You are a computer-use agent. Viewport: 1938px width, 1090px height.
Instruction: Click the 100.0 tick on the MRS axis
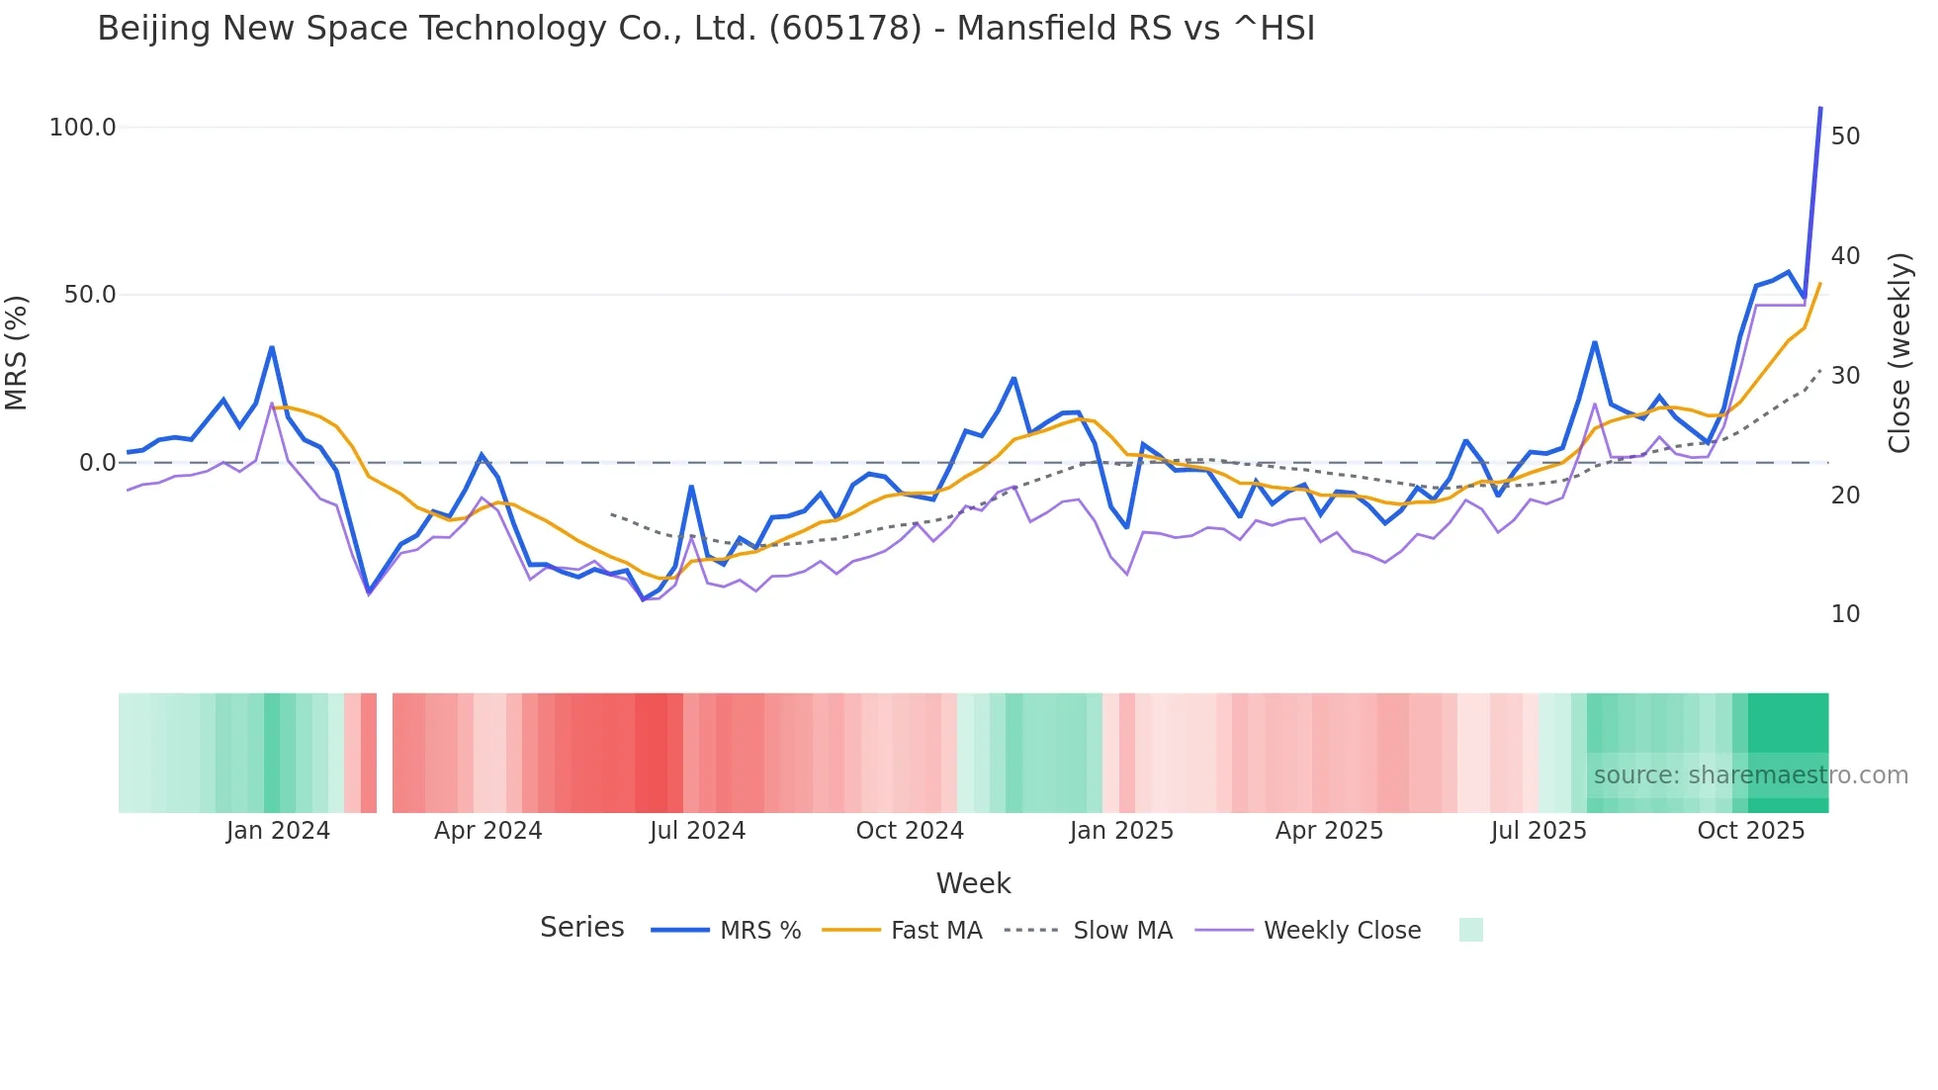point(83,128)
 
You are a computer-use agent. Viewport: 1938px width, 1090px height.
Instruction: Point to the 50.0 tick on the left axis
point(90,295)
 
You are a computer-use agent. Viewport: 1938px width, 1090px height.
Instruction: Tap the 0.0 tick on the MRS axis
point(97,463)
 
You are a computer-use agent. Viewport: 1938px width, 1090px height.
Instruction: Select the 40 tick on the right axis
point(1845,256)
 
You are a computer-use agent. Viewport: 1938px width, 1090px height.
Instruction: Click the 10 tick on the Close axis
point(1845,614)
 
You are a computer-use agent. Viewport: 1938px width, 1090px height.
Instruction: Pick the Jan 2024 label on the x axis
point(278,831)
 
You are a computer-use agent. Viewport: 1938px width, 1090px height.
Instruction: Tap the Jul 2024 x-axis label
point(697,831)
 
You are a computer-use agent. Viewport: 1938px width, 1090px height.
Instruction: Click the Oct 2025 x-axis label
point(1750,831)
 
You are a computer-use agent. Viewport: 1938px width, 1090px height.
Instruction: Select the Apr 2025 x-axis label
point(1329,831)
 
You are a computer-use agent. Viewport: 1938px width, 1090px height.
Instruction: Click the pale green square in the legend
point(1470,930)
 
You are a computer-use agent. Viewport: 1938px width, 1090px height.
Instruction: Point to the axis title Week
point(973,883)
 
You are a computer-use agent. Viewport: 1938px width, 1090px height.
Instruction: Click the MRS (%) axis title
point(17,353)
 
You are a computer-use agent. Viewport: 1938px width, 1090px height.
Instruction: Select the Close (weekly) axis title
point(1899,353)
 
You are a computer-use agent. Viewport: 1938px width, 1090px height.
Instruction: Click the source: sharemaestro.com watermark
point(1750,775)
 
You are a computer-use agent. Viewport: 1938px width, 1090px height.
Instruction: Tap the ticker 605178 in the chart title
point(844,29)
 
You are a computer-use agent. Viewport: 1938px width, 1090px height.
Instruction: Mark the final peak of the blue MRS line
point(1820,108)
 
